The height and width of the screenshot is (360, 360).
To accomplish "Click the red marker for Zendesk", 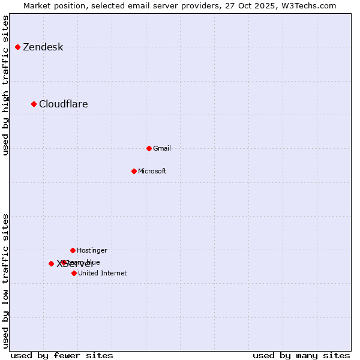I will tap(18, 47).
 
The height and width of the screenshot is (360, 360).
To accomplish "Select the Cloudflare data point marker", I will tap(34, 104).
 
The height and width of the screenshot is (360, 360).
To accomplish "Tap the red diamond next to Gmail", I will tap(149, 148).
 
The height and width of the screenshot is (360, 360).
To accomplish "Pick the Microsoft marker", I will tap(134, 171).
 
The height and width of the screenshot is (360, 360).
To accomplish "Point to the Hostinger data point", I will tap(73, 250).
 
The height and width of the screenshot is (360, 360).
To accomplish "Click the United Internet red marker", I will tap(74, 273).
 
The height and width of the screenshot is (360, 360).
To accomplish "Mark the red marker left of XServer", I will tap(51, 263).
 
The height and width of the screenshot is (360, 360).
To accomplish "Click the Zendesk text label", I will tap(43, 47).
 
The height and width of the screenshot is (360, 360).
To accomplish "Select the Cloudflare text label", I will tap(63, 104).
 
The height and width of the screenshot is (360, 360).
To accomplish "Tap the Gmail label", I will tap(162, 148).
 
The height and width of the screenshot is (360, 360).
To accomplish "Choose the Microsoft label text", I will tap(152, 171).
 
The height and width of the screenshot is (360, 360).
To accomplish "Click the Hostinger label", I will tap(92, 250).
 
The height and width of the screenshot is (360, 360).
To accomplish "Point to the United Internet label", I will tap(102, 273).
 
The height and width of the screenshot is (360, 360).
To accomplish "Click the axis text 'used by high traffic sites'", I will tap(6, 85).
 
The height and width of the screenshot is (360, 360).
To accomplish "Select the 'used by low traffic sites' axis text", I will tap(6, 281).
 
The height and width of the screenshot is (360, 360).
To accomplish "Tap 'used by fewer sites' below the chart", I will tap(62, 355).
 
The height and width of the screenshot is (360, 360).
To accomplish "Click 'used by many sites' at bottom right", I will tap(301, 355).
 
